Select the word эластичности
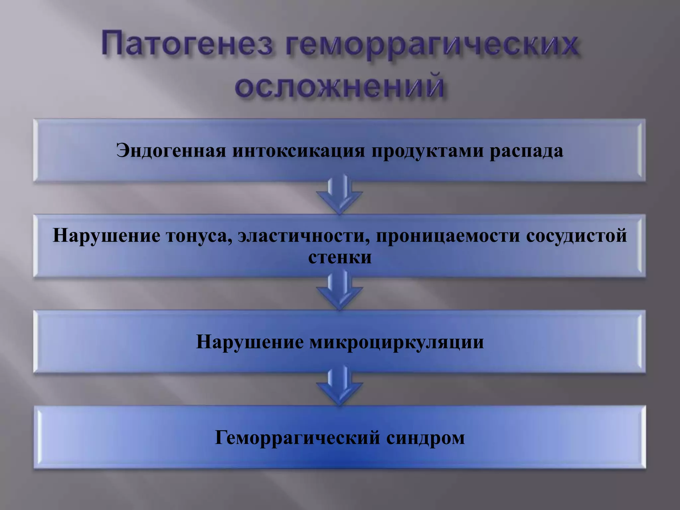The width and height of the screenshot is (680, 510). (x=303, y=236)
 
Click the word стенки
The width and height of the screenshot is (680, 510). (x=340, y=257)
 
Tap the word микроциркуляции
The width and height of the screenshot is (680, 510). (x=396, y=342)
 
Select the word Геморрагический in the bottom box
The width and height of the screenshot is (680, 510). (x=297, y=438)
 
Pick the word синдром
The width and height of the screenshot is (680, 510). (x=425, y=438)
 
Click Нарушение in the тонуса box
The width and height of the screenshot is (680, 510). (x=106, y=236)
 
